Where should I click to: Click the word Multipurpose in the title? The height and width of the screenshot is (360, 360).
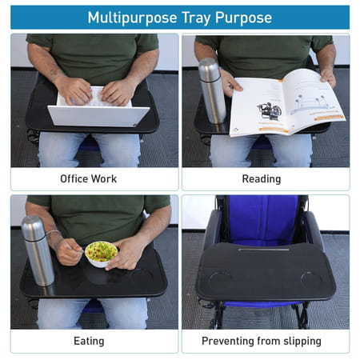point(132,18)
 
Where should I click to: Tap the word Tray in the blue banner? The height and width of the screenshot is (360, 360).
point(196,18)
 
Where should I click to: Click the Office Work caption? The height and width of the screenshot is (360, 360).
point(89,178)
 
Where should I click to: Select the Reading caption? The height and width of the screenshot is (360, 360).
point(262,179)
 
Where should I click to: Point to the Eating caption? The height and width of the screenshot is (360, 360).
point(89,341)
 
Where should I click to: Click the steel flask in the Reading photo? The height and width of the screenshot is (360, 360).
point(212,91)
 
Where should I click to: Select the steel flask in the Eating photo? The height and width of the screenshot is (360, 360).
point(38,251)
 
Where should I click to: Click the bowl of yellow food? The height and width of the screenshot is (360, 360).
point(101,254)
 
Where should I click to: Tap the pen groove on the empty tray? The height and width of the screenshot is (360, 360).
point(264,250)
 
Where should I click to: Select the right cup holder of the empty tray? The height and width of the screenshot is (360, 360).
point(310,280)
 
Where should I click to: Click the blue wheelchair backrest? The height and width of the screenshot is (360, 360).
point(262,220)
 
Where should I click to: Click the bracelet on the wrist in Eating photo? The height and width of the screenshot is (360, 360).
point(53,233)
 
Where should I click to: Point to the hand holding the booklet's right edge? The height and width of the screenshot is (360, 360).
point(328,77)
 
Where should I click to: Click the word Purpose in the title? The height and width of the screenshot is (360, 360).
point(243,18)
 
